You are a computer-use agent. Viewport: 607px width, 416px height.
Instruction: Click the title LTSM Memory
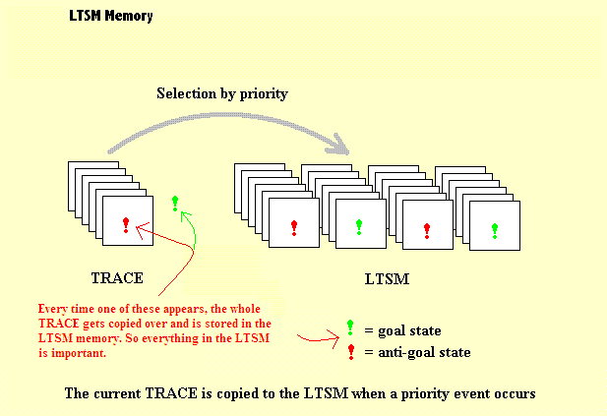pos(111,17)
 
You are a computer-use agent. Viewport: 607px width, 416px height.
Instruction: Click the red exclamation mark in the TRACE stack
pos(126,225)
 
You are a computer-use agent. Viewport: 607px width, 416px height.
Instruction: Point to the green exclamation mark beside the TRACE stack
pos(175,204)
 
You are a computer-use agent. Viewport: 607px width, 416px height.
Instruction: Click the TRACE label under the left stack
pos(117,278)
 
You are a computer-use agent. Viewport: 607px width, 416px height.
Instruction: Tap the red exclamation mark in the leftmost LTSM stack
pos(294,228)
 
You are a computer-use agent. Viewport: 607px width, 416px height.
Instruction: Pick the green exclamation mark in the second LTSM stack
pos(359,228)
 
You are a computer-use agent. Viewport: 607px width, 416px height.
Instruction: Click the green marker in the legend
pos(351,328)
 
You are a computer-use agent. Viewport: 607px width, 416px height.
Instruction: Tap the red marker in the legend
pos(351,351)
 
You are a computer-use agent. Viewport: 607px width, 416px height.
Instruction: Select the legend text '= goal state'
pos(402,330)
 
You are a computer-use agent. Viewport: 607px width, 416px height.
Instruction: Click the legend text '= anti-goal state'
pos(417,352)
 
